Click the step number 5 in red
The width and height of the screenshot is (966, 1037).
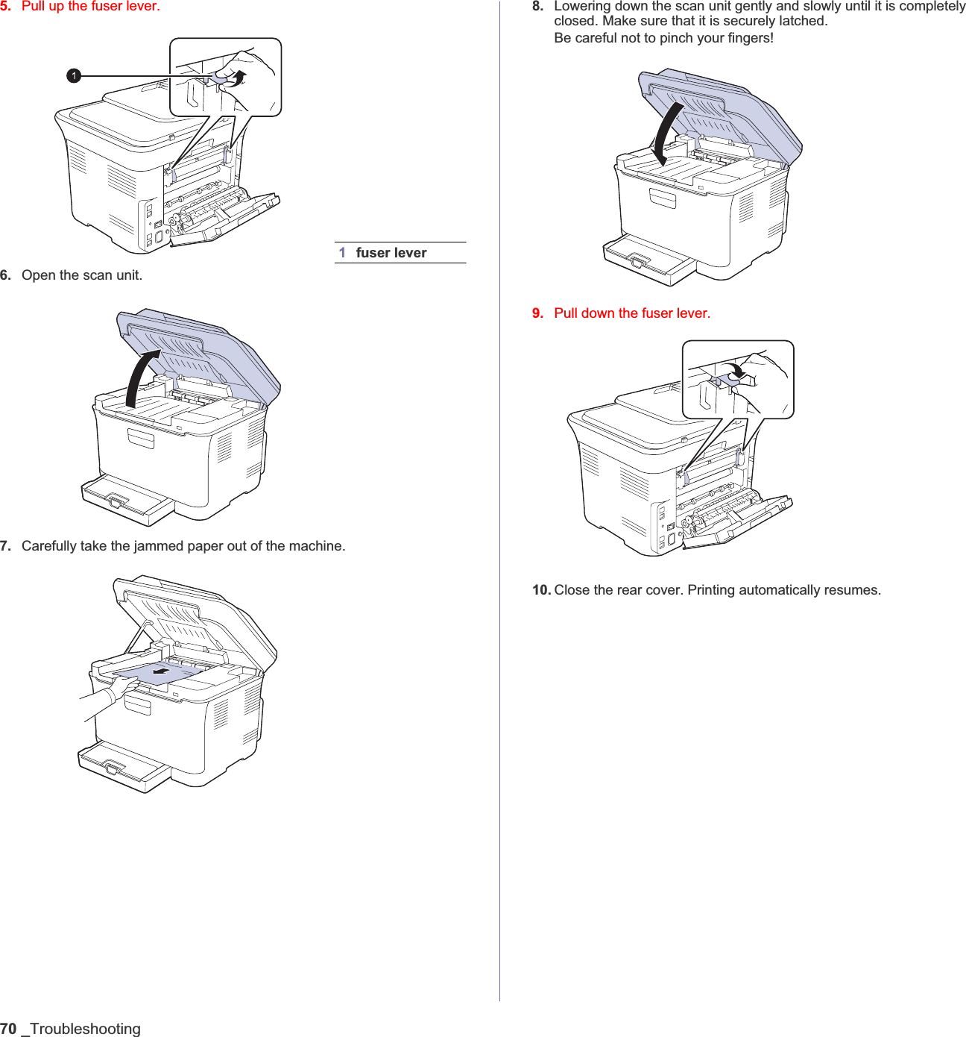tap(5, 7)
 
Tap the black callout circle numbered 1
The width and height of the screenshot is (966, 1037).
tap(74, 75)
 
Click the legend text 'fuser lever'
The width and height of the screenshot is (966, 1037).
tap(391, 253)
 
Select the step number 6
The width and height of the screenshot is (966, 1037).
tap(5, 275)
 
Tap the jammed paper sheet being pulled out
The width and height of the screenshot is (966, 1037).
tap(160, 673)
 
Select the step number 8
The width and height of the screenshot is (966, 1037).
tap(537, 7)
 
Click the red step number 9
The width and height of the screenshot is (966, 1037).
tap(537, 313)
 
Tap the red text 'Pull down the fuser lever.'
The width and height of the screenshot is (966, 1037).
tap(632, 313)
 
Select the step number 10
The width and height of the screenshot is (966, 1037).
tap(541, 590)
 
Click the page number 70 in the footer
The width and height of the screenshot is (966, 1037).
tap(8, 1029)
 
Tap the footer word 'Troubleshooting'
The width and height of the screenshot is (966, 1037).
tap(85, 1029)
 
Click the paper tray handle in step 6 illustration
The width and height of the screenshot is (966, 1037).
tap(116, 501)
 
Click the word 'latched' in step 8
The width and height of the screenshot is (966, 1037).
tap(803, 22)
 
